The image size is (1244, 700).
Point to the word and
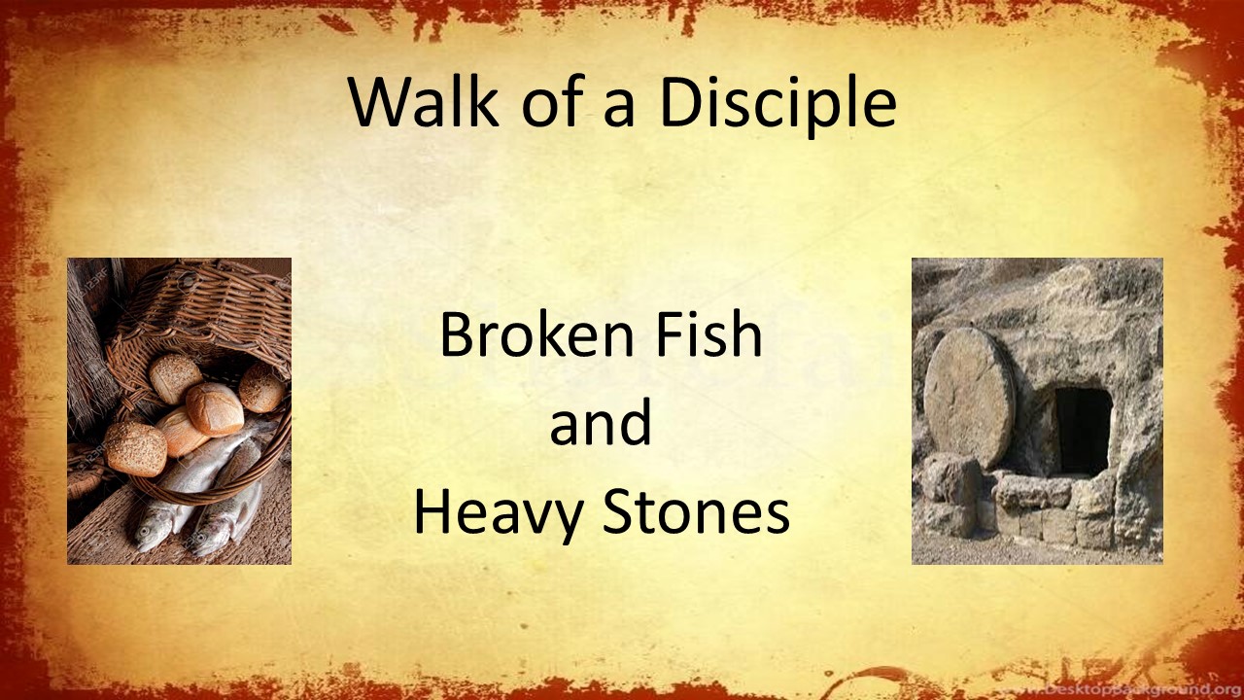[x=601, y=425]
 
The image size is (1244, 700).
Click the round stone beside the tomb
[x=969, y=397]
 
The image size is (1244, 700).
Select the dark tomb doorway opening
[x=1084, y=431]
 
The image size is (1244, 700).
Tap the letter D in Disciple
[x=681, y=101]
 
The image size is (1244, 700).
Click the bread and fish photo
[x=179, y=410]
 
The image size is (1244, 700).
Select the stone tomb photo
[x=1037, y=410]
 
